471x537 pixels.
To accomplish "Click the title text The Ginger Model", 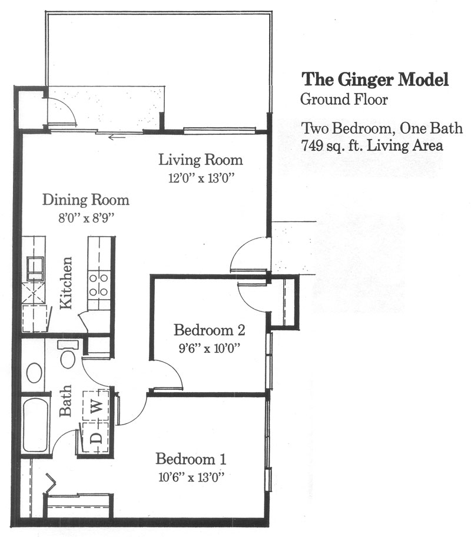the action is [x=375, y=80].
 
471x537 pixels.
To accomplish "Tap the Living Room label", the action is [x=201, y=160].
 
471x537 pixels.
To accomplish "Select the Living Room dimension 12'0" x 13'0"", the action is [x=201, y=178].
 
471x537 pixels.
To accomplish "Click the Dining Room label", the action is [x=85, y=200].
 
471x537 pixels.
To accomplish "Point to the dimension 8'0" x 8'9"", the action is [x=85, y=218].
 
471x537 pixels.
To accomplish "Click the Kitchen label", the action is [x=66, y=283].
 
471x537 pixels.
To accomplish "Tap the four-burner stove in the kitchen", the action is [x=99, y=285].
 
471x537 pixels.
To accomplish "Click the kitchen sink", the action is [x=35, y=269].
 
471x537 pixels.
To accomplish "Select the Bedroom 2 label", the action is [x=209, y=330].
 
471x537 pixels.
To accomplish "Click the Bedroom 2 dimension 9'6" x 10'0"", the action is [x=208, y=349].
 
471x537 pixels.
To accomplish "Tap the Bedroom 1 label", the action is [x=191, y=459].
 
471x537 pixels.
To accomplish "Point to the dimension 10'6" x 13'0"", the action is [x=191, y=477].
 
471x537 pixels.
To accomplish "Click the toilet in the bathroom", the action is [x=68, y=354].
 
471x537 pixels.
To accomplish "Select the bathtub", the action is [x=35, y=426].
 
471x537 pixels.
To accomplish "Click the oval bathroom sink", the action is [x=34, y=373].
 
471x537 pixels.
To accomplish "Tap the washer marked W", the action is [x=96, y=406].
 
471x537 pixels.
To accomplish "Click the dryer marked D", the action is [x=96, y=437].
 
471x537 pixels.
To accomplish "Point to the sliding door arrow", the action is [x=116, y=138].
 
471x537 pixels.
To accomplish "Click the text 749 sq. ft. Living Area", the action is [x=372, y=145].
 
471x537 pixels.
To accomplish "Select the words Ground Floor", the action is [x=344, y=100].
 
